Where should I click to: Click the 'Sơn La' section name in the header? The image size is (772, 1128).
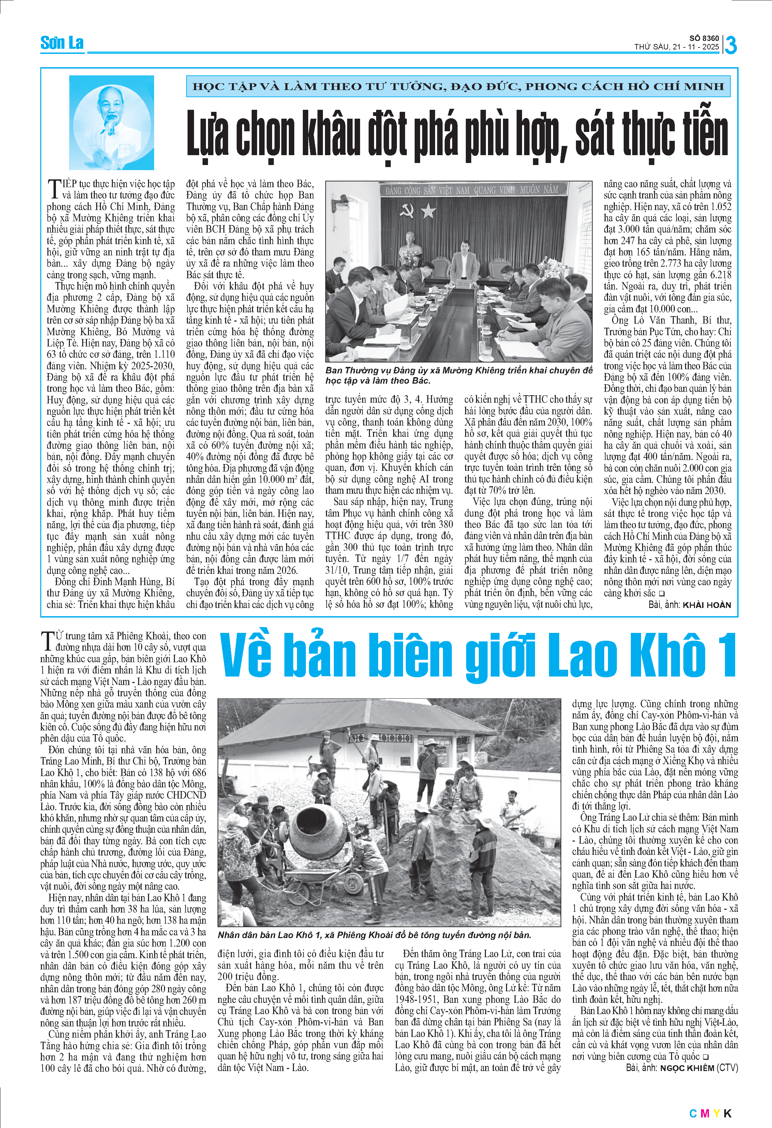pos(62,43)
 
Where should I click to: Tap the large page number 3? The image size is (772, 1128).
pos(730,45)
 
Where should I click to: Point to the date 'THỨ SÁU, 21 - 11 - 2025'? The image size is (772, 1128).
pos(677,47)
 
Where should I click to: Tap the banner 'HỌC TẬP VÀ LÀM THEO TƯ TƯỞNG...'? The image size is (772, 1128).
pos(458,87)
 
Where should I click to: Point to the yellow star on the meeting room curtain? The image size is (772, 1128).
pos(429,211)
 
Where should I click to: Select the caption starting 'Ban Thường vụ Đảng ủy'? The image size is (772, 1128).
pos(459,375)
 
